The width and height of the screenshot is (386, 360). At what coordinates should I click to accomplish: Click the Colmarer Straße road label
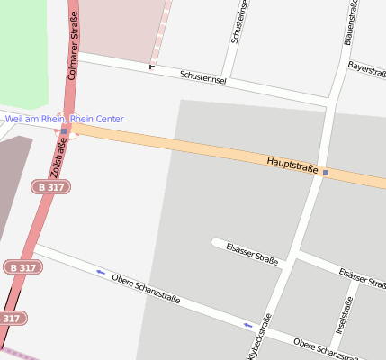[72, 41]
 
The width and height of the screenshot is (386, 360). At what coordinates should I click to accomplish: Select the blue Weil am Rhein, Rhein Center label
[64, 119]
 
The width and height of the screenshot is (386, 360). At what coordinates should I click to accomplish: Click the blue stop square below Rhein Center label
[64, 131]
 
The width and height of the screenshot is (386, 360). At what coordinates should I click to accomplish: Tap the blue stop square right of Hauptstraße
[326, 173]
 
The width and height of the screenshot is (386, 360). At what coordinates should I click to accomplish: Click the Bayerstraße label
[366, 67]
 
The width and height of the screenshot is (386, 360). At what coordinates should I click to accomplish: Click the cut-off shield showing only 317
[11, 318]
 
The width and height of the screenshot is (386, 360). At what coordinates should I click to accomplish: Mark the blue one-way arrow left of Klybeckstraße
[247, 325]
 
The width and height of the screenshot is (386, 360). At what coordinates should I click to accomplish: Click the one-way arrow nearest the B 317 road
[100, 271]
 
